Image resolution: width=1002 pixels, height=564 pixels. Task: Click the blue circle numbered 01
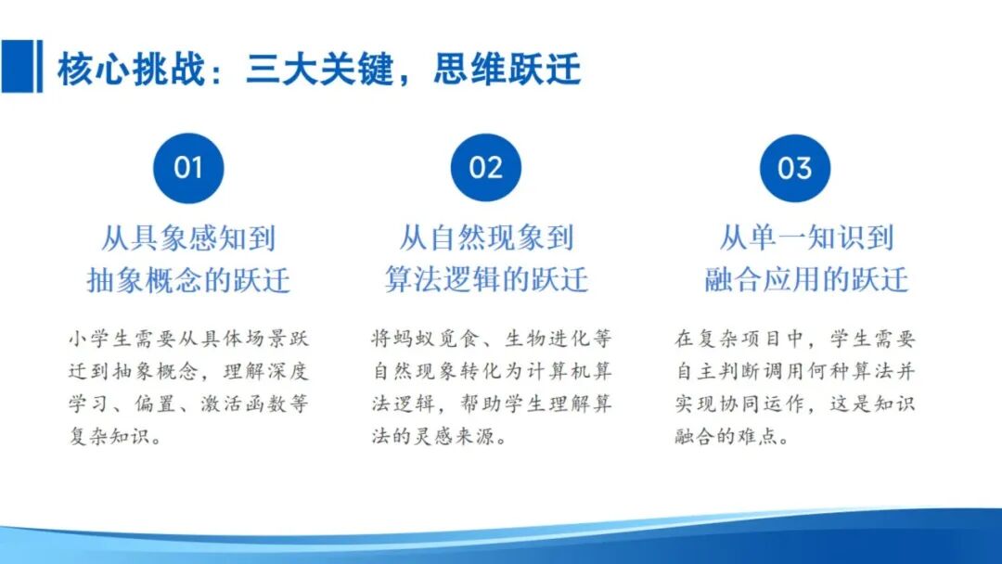pos(188,168)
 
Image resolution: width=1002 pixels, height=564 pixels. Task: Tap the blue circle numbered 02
pos(485,168)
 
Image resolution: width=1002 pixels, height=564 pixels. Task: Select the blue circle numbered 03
pos(794,168)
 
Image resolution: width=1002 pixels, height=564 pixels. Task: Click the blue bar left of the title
pos(20,67)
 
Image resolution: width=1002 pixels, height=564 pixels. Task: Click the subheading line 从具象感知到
pos(188,238)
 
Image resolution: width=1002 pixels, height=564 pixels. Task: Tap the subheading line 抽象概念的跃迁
pos(188,280)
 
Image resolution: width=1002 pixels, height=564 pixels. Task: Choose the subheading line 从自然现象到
pos(486,238)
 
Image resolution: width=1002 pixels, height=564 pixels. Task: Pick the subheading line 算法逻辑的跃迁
pos(486,280)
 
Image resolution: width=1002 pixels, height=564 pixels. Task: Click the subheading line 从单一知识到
pos(805,238)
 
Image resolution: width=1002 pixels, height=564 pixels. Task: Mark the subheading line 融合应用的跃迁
pos(805,280)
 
